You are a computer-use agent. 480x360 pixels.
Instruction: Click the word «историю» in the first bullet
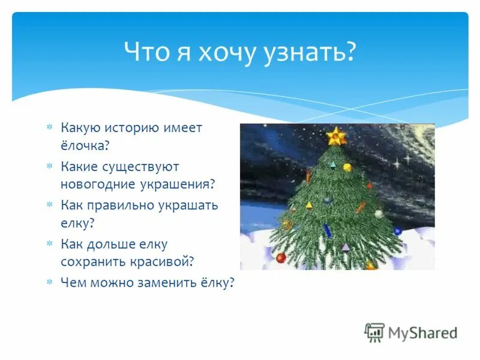click(133, 127)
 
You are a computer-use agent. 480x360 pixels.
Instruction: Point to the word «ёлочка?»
click(85, 145)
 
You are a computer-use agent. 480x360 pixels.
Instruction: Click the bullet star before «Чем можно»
click(50, 282)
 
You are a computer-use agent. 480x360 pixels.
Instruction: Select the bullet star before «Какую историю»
click(50, 127)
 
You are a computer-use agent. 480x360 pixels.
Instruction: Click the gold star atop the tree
click(337, 136)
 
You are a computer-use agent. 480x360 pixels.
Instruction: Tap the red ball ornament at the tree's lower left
click(281, 257)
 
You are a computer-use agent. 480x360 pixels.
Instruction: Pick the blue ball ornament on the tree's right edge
click(397, 232)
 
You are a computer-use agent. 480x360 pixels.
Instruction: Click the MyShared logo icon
click(375, 332)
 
